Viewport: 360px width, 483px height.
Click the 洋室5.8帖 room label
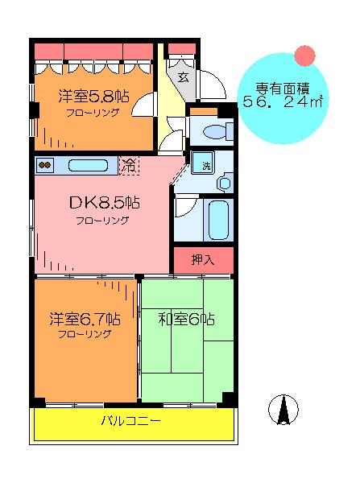click(x=93, y=97)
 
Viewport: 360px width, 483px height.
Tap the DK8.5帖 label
click(x=105, y=203)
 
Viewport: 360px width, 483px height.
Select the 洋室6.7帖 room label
click(x=85, y=319)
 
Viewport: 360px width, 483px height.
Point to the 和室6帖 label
click(x=187, y=319)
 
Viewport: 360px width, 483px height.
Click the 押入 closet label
click(x=202, y=260)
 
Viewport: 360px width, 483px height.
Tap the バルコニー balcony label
click(x=131, y=420)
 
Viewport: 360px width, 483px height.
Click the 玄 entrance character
click(x=184, y=76)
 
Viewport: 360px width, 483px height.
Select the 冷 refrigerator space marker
click(x=129, y=166)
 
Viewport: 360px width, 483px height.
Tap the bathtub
click(x=218, y=220)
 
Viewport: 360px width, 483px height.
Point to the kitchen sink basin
click(x=88, y=165)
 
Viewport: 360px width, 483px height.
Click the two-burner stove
click(x=45, y=165)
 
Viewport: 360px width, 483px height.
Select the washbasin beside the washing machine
click(x=225, y=184)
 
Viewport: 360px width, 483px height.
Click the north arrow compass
click(x=283, y=410)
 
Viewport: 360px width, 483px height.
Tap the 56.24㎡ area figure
click(x=283, y=101)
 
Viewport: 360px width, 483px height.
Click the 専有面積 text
click(x=283, y=89)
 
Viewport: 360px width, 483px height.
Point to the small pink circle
click(x=304, y=56)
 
